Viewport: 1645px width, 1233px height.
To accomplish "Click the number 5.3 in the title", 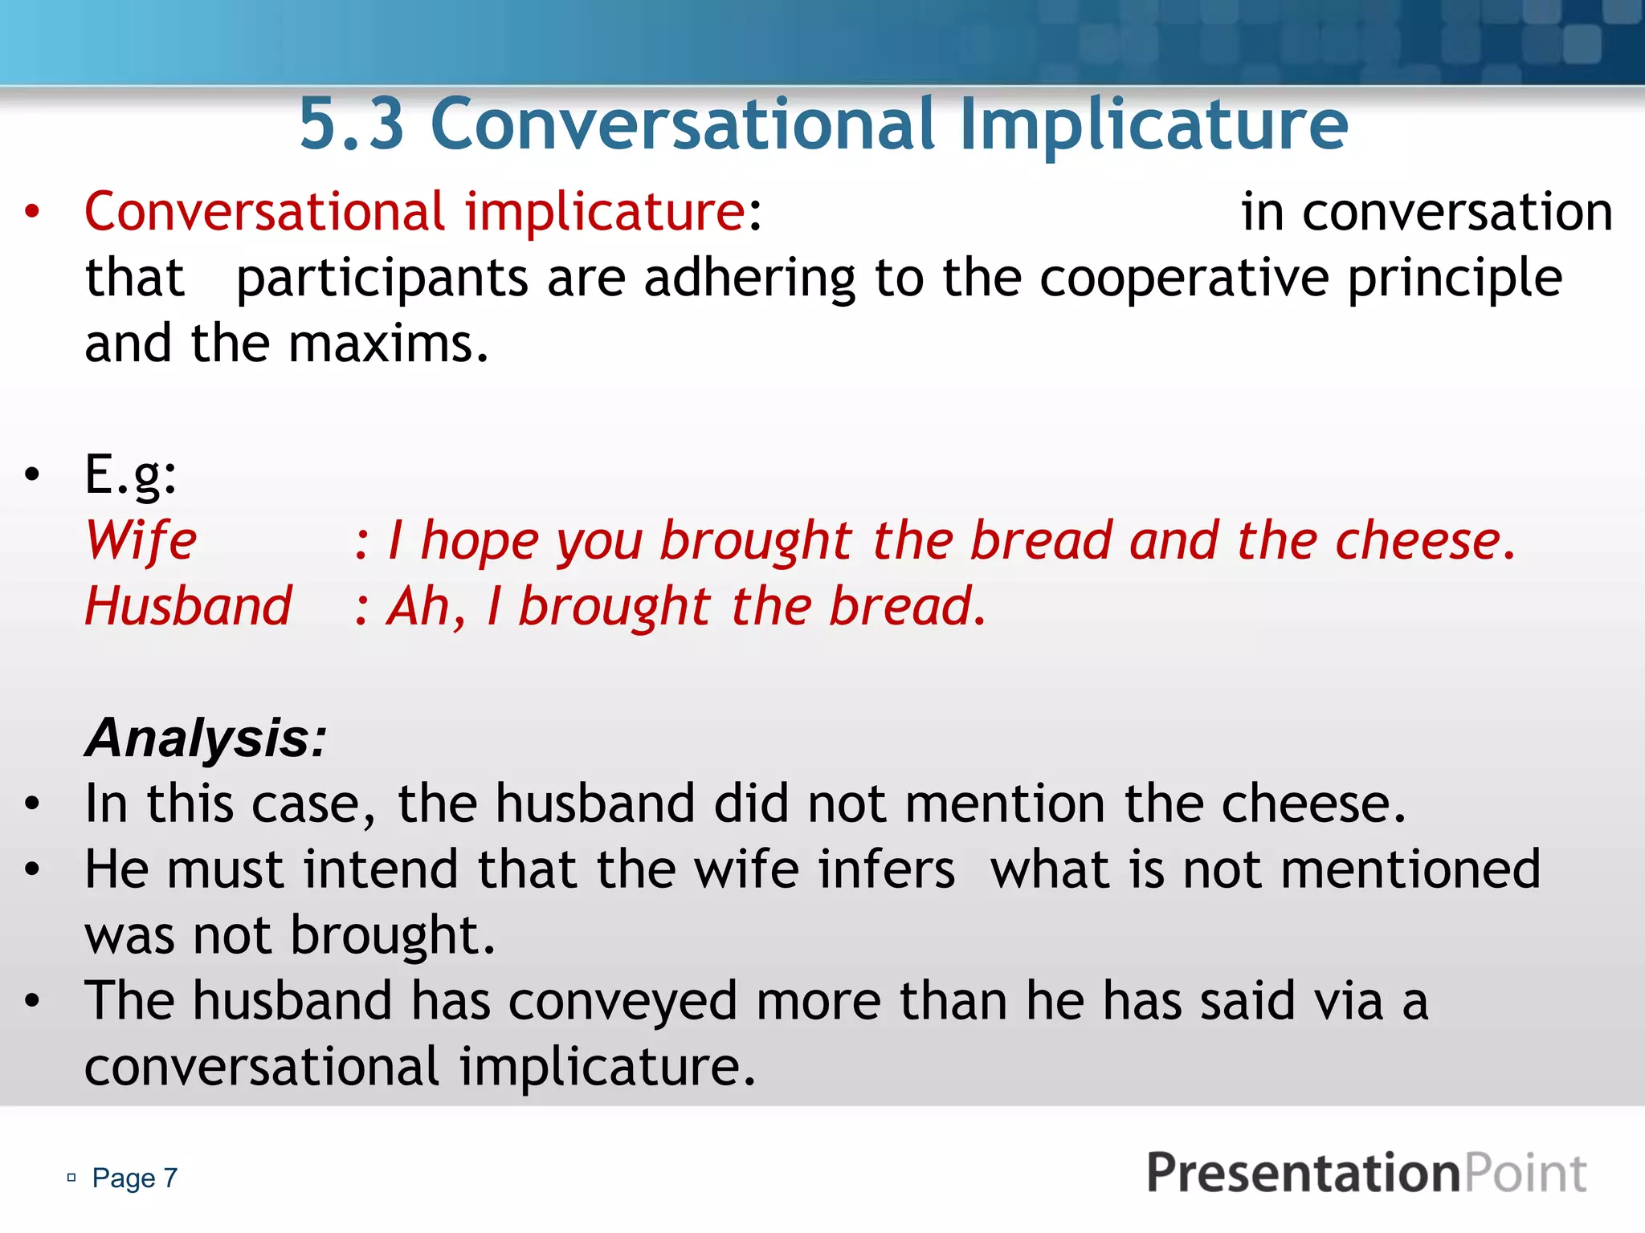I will tap(351, 124).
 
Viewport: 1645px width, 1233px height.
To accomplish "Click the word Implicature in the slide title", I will tap(1153, 124).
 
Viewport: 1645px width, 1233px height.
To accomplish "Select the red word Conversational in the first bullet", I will tap(264, 212).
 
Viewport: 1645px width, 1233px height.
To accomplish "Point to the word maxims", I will tap(388, 344).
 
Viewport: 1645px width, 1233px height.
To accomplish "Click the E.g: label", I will tap(131, 474).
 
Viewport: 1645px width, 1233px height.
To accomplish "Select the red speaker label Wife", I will tap(141, 540).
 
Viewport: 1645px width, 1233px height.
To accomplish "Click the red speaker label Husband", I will tap(189, 606).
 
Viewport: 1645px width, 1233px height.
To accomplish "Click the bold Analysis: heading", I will tap(206, 738).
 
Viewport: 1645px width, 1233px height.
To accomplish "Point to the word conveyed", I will tap(622, 1001).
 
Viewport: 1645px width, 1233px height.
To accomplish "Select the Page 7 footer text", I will tap(134, 1178).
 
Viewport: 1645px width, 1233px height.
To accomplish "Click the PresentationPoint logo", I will tap(1366, 1173).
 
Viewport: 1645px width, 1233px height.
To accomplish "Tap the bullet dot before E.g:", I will tap(32, 474).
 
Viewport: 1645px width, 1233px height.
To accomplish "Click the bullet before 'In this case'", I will tap(32, 804).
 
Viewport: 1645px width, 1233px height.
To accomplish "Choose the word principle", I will tap(1455, 279).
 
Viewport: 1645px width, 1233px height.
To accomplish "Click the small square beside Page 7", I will tap(71, 1178).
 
